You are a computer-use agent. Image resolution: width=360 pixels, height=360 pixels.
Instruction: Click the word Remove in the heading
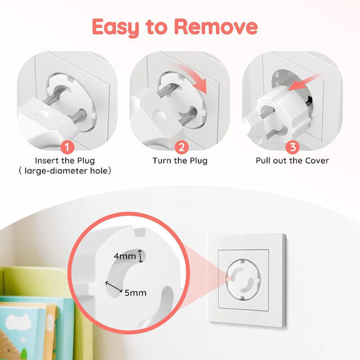coord(216,27)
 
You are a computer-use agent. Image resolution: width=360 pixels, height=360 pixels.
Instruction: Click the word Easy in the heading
coord(116,28)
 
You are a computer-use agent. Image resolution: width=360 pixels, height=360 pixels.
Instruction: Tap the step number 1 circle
coord(67,147)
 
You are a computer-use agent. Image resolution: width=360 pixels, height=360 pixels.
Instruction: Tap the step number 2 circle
coord(181,147)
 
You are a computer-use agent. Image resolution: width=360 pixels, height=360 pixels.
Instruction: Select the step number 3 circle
coord(293,147)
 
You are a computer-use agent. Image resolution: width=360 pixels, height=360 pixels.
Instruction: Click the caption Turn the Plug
coord(180,161)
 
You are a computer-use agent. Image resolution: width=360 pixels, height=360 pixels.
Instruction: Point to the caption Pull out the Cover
coord(292,161)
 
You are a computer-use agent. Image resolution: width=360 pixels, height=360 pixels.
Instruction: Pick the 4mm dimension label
coord(125,256)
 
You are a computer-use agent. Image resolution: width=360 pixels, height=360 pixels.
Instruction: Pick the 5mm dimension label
coord(135,293)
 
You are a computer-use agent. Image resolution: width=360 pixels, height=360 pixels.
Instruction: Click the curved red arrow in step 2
coord(192,77)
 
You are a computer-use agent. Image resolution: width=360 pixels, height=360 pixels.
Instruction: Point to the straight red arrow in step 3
coord(304,82)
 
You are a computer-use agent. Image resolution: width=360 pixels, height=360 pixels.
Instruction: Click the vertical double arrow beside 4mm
coord(141,256)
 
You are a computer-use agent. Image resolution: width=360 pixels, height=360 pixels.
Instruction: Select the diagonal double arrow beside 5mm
coord(113,287)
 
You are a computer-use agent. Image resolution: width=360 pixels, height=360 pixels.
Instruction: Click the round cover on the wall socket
coord(243,279)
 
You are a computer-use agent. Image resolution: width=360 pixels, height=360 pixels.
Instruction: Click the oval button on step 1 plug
coord(41,115)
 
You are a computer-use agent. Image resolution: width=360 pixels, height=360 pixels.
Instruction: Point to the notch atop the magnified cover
coord(141,232)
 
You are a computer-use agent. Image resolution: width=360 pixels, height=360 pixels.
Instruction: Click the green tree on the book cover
coord(23,353)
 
